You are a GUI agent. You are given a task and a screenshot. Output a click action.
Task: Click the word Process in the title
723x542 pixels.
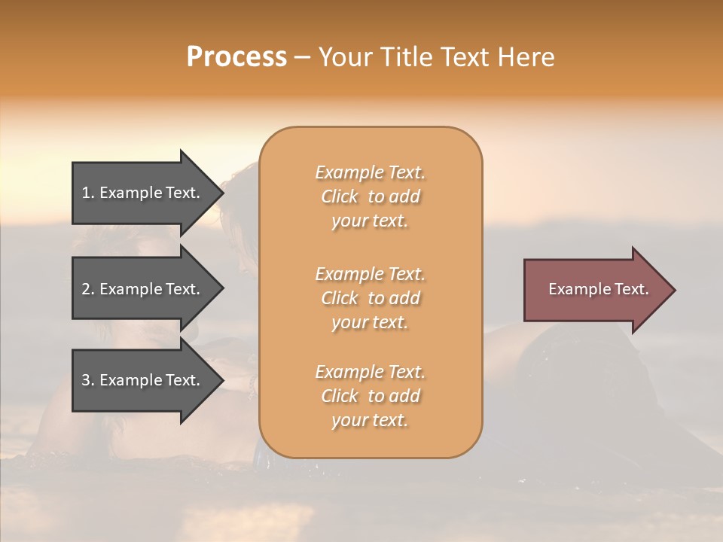[x=236, y=57]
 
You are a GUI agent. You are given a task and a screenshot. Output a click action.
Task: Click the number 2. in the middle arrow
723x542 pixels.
[x=88, y=289]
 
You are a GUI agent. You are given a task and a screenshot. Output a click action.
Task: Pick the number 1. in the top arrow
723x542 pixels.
[x=88, y=193]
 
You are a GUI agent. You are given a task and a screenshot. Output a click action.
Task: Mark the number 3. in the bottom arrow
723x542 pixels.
[x=88, y=380]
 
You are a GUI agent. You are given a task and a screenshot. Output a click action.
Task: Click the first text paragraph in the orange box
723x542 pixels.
[x=370, y=196]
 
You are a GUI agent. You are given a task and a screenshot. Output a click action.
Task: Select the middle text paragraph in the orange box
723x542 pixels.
[x=370, y=297]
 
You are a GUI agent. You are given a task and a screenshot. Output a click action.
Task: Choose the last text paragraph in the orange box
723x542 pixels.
[x=370, y=396]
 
